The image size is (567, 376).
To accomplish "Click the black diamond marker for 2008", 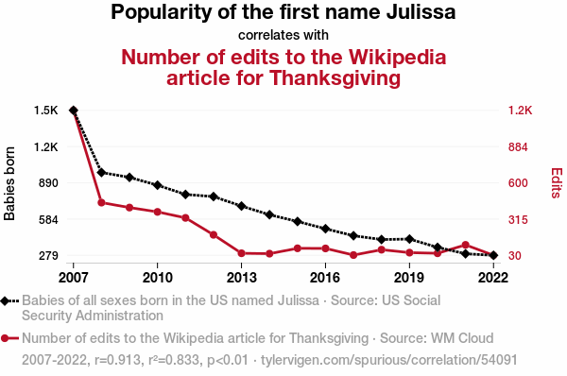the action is click(x=101, y=173).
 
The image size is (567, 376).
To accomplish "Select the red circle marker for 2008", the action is click(x=101, y=203).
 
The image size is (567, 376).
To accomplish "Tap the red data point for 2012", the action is click(x=214, y=235).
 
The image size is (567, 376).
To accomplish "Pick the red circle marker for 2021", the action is click(x=465, y=245).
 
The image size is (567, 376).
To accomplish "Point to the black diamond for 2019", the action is click(x=409, y=239).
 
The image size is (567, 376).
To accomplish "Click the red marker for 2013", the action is click(x=242, y=253).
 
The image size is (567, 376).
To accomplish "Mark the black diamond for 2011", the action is click(x=185, y=195).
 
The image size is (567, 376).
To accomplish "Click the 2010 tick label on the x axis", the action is click(x=157, y=278).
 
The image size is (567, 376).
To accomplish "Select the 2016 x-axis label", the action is click(x=325, y=278).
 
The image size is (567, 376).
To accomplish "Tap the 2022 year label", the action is click(x=493, y=278).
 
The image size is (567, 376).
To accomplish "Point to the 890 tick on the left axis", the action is click(x=48, y=183).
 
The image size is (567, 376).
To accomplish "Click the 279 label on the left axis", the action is click(x=48, y=256).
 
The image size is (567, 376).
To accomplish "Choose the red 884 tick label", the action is click(x=518, y=147).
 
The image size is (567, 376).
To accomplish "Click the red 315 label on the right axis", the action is click(x=518, y=219).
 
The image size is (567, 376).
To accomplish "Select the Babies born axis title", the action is click(x=9, y=183).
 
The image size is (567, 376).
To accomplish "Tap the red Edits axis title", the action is click(x=557, y=182).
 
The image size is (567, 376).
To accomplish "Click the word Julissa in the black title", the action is click(x=421, y=12).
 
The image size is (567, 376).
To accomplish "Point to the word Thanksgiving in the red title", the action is click(x=335, y=78).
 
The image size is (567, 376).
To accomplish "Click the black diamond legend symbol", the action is click(x=5, y=300).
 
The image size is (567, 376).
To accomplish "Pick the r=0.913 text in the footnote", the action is click(x=117, y=360).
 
